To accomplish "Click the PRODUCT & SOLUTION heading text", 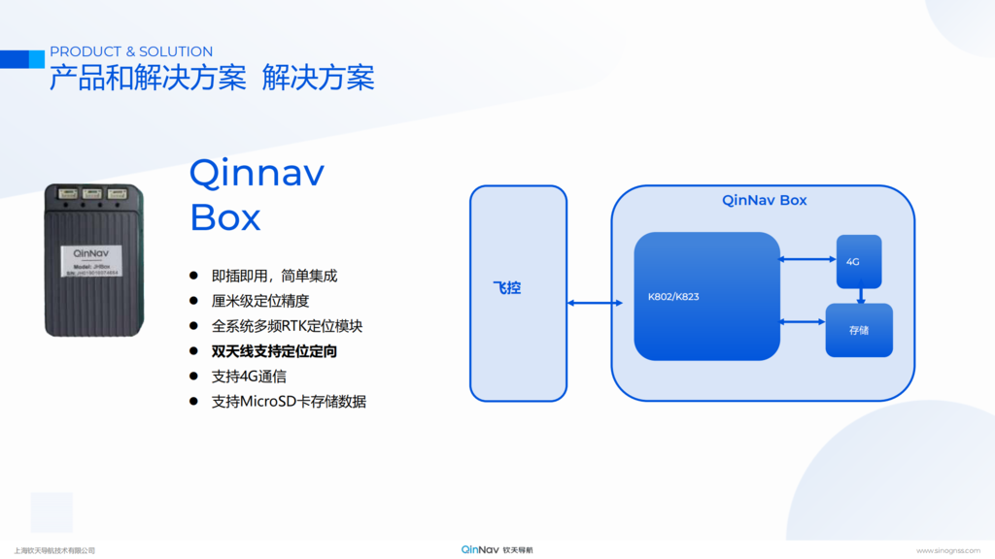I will (131, 51).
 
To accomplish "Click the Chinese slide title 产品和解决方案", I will (148, 79).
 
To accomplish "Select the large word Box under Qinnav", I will (225, 217).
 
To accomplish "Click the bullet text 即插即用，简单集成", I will (274, 276).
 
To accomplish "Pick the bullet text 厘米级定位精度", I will (260, 301).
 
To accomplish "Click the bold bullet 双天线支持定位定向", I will (274, 351).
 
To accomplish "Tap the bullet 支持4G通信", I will (249, 377).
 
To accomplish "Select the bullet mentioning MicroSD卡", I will (289, 402).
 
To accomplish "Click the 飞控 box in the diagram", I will (518, 293).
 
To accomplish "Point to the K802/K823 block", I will (707, 296).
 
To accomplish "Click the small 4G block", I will (859, 261).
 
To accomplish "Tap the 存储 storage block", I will (859, 330).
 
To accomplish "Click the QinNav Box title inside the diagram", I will (764, 201).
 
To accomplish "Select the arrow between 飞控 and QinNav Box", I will (595, 304).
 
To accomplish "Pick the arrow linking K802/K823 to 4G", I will (808, 259).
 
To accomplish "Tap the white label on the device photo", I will (90, 262).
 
